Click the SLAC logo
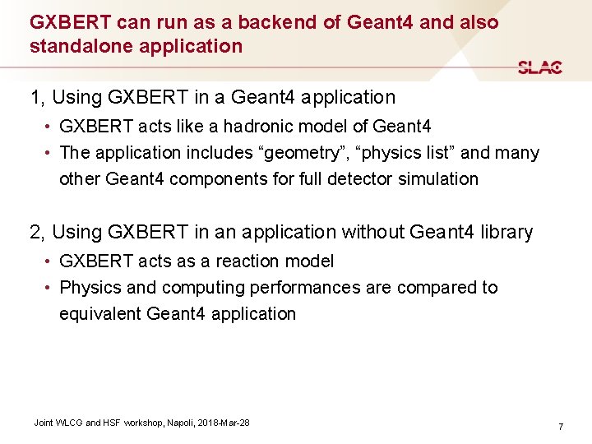pyautogui.click(x=540, y=67)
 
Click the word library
pyautogui.click(x=502, y=232)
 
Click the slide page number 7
pyautogui.click(x=560, y=427)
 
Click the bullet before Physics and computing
pyautogui.click(x=49, y=288)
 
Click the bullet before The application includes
pyautogui.click(x=49, y=153)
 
